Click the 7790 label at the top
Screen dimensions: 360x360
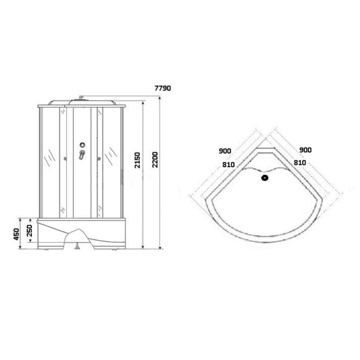click(x=163, y=88)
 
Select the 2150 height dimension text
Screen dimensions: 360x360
click(x=137, y=160)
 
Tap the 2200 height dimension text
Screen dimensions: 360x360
click(x=155, y=160)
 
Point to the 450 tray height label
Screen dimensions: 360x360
click(x=16, y=234)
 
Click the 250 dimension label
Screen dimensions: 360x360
click(x=30, y=231)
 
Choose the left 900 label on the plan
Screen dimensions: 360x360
click(x=225, y=151)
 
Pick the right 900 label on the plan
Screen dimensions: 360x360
click(x=305, y=150)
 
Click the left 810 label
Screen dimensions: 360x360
click(x=229, y=165)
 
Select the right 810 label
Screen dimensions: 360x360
click(x=300, y=163)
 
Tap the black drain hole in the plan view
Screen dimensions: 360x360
click(x=265, y=178)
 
